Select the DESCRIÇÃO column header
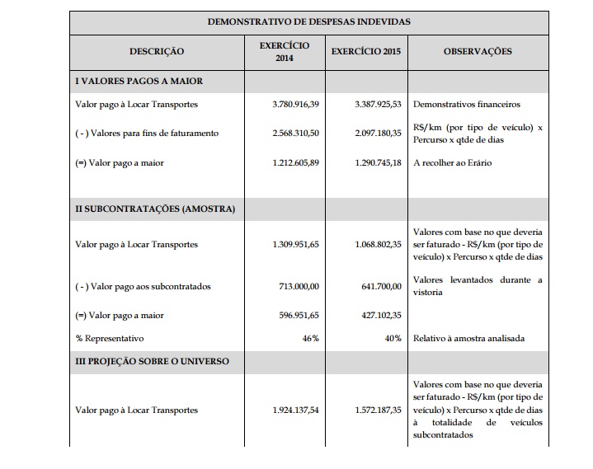(157, 51)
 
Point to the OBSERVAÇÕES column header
(478, 51)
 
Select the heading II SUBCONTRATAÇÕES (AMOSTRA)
(155, 209)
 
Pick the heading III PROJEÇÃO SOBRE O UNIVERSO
(153, 361)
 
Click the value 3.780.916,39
(295, 105)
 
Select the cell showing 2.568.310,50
(295, 133)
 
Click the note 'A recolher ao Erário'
(452, 162)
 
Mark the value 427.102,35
(380, 315)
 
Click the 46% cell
(310, 338)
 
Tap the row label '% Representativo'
(109, 338)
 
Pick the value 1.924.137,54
(295, 410)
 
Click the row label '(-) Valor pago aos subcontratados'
(143, 286)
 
